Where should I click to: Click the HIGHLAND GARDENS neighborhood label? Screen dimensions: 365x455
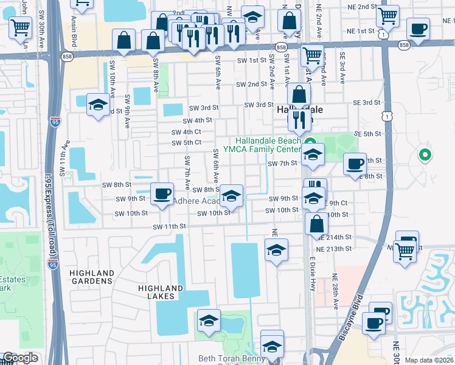tap(92, 277)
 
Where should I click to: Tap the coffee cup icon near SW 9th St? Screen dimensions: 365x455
tap(162, 195)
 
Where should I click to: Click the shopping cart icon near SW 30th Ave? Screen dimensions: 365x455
tap(21, 27)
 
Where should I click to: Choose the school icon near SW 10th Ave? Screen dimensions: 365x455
tap(97, 105)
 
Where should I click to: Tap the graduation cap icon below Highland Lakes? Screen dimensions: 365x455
tap(208, 321)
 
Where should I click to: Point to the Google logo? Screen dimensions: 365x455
tap(20, 358)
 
